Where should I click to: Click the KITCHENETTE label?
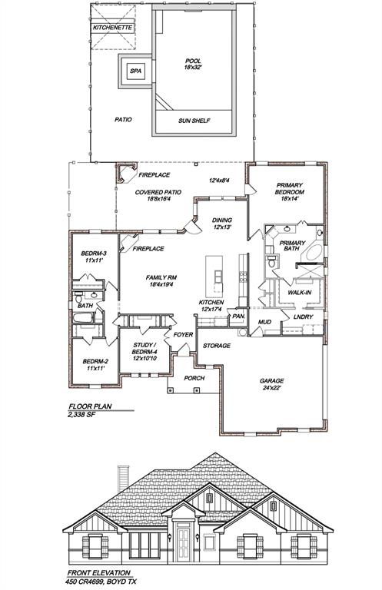(x=112, y=28)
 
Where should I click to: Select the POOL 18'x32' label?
(x=193, y=64)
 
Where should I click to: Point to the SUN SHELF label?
(x=194, y=121)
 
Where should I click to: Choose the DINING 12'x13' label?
(x=222, y=224)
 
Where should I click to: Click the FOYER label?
(x=183, y=335)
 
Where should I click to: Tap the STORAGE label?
(x=217, y=346)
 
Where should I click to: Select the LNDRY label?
(x=303, y=317)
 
